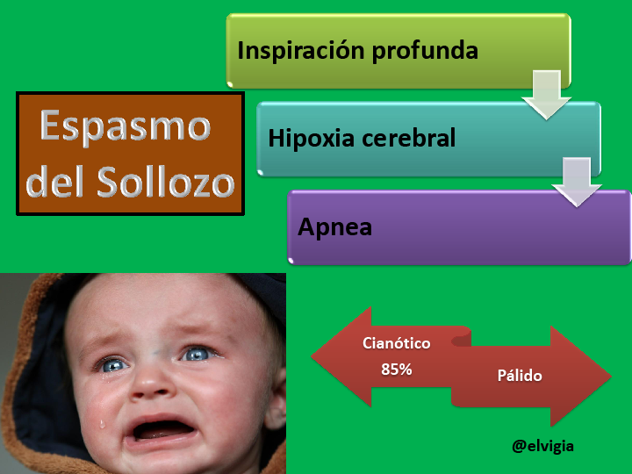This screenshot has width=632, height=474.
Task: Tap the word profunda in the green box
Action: tap(425, 51)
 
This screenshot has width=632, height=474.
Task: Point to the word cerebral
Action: tap(409, 138)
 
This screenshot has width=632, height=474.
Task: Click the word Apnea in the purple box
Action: tap(334, 227)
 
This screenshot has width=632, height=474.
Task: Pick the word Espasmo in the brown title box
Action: tap(126, 126)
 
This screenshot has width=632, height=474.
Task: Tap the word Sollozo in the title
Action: tap(166, 181)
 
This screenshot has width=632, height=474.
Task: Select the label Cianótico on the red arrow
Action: tap(396, 343)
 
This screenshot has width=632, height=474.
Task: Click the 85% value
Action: tap(397, 370)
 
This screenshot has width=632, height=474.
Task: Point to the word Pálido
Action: tap(520, 376)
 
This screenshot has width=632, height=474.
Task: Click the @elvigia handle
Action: tap(542, 446)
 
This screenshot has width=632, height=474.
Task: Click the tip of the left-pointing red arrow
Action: tap(312, 356)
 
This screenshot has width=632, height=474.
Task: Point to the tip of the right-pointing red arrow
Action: tap(612, 377)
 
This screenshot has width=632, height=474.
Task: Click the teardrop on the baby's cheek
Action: tap(103, 423)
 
